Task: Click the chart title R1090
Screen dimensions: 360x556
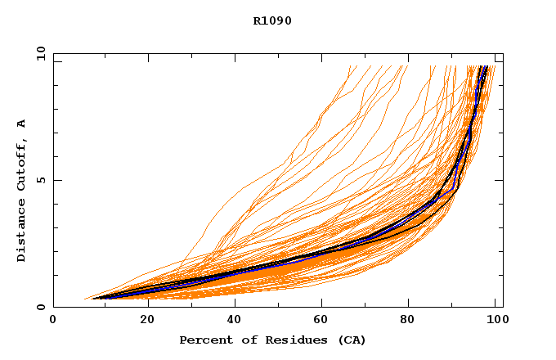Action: tap(272, 20)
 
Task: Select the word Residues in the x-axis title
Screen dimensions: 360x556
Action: tap(284, 340)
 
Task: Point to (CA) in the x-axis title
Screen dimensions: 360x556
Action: tap(352, 340)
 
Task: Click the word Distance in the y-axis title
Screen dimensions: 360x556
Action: tap(21, 232)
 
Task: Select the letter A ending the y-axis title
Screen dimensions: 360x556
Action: tap(21, 124)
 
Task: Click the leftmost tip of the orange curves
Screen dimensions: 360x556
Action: tap(84, 299)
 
